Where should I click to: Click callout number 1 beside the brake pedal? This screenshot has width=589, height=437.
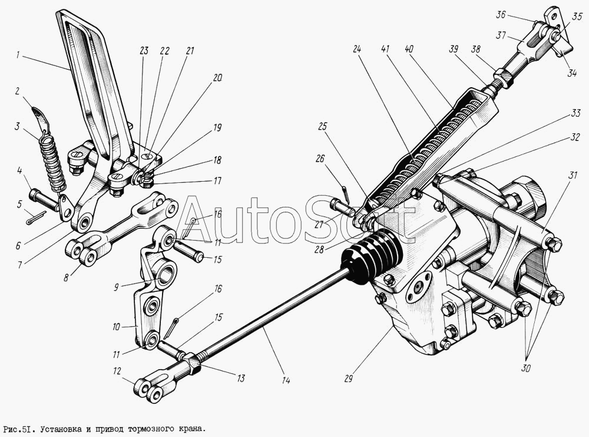tap(19, 55)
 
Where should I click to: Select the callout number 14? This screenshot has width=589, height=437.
tap(286, 380)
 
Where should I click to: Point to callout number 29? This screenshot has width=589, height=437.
tap(348, 379)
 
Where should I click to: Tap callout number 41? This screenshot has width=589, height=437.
tap(385, 50)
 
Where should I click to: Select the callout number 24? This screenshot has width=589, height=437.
tap(357, 50)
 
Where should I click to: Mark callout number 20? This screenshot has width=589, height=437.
tap(218, 77)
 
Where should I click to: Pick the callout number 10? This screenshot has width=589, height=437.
tap(117, 326)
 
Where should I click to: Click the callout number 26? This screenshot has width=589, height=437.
tap(320, 157)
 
